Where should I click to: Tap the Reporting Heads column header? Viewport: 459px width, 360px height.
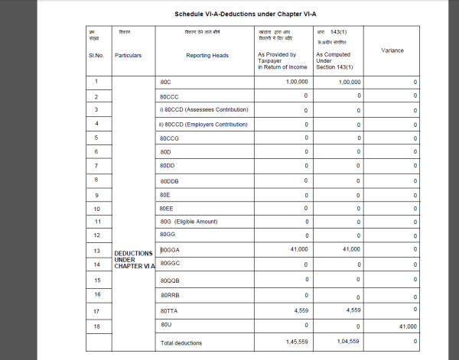(x=202, y=55)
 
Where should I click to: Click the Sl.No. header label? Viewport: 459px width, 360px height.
(x=96, y=55)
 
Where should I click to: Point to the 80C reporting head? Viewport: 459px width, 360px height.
(x=165, y=81)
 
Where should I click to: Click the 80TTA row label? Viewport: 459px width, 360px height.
(x=168, y=311)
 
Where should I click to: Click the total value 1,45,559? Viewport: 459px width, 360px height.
(x=295, y=342)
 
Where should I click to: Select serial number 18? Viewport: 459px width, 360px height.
(x=96, y=326)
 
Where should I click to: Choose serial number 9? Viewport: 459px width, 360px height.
(x=96, y=195)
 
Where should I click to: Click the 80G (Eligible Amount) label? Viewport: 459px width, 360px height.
(x=188, y=222)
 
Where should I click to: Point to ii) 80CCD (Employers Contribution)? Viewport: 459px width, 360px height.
(x=203, y=124)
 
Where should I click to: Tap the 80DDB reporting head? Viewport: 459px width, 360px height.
(x=169, y=181)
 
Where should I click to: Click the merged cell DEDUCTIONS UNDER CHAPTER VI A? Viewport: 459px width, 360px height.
(x=134, y=259)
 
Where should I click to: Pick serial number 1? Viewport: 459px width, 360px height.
(x=96, y=81)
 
